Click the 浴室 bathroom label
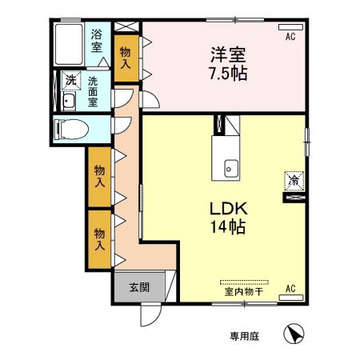[97, 41]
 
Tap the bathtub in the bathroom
[68, 46]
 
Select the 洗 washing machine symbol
[70, 80]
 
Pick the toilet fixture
[67, 128]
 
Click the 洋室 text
[226, 55]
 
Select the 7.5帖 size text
[226, 74]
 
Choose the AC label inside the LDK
[290, 289]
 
